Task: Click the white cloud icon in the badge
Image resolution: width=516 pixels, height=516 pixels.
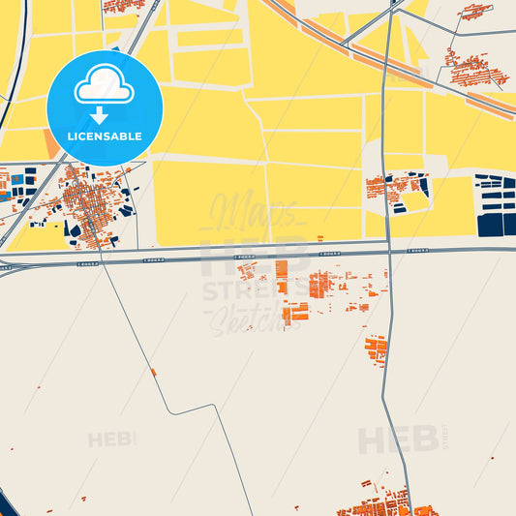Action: pyautogui.click(x=105, y=88)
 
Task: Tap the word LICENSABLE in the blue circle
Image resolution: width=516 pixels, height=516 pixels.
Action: pyautogui.click(x=105, y=137)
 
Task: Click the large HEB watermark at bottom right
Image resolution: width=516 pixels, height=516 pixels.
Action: pyautogui.click(x=397, y=440)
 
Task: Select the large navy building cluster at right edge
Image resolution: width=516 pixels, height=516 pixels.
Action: pyautogui.click(x=496, y=206)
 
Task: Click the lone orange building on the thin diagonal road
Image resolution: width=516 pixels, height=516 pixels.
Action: pyautogui.click(x=153, y=372)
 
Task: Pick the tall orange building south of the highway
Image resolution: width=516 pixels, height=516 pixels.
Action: pyautogui.click(x=282, y=276)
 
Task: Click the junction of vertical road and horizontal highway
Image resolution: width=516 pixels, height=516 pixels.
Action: pyautogui.click(x=388, y=250)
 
